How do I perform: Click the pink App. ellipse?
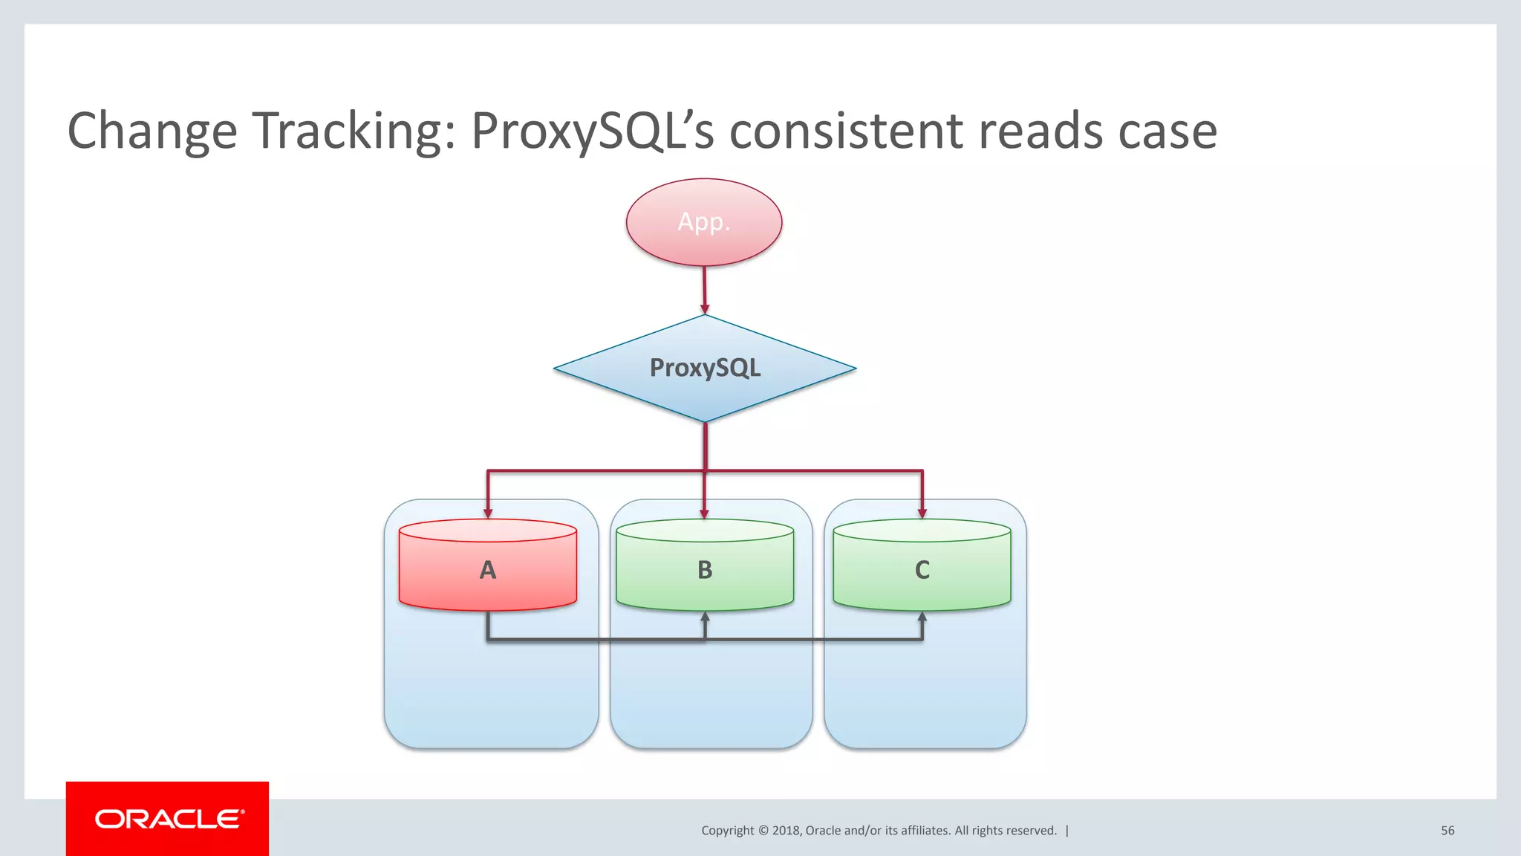(703, 222)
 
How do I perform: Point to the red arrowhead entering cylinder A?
(488, 513)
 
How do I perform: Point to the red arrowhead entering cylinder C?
(922, 513)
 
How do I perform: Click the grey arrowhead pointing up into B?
(705, 617)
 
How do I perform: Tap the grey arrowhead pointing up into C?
(922, 617)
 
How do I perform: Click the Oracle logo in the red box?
(169, 819)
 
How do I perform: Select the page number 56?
(1447, 831)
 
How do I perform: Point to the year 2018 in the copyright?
(786, 831)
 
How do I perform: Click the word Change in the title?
(152, 131)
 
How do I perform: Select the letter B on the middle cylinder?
(705, 570)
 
